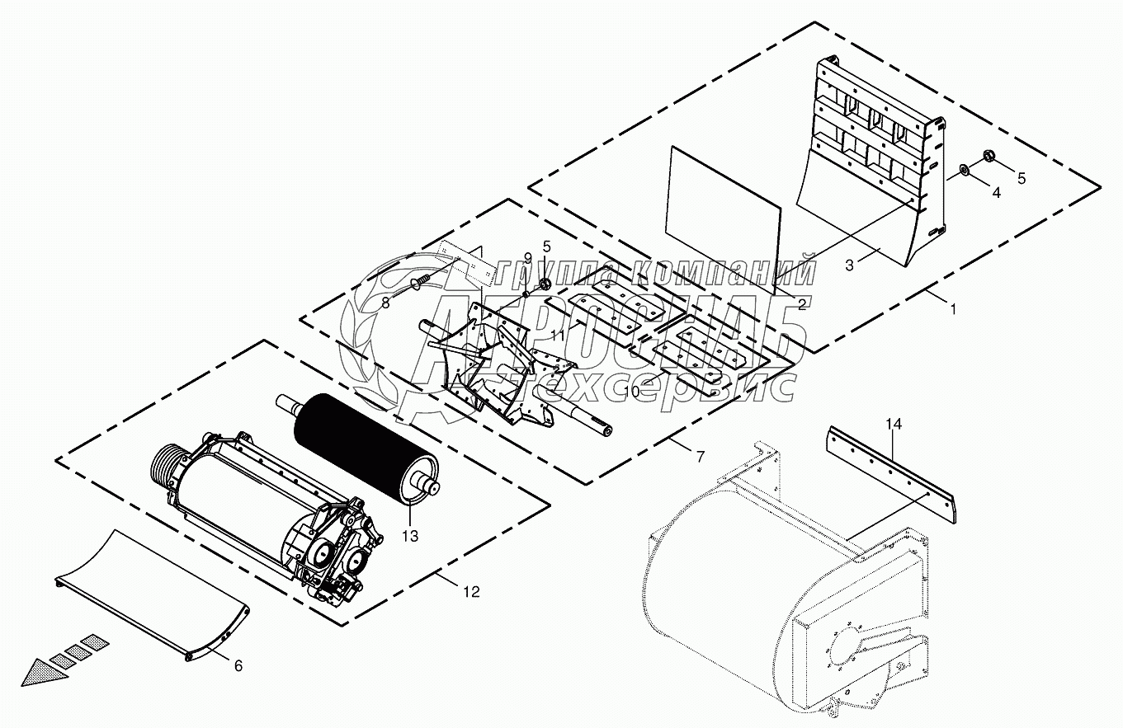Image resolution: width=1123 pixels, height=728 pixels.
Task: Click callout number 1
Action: [x=954, y=310]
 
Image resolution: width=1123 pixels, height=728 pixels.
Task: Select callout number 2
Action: [x=801, y=304]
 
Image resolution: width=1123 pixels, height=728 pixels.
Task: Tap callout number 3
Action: [x=849, y=265]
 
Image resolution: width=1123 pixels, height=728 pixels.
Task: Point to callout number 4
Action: [x=996, y=192]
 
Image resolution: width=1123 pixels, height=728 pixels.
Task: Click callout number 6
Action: [x=238, y=665]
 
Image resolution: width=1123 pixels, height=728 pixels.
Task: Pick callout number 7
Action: [x=700, y=455]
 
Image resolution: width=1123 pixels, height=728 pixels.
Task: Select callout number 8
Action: [x=385, y=303]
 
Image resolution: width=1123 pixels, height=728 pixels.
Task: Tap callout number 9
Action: [x=528, y=258]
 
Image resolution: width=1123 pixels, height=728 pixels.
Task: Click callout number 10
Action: [x=631, y=392]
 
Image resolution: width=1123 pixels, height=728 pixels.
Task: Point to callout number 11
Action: [x=558, y=336]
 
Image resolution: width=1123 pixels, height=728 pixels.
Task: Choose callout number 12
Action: [x=471, y=591]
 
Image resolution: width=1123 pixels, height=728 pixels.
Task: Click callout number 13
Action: [x=410, y=536]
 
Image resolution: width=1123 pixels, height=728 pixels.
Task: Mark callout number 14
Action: [x=894, y=425]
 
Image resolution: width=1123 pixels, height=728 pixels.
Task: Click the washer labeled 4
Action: [x=964, y=171]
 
